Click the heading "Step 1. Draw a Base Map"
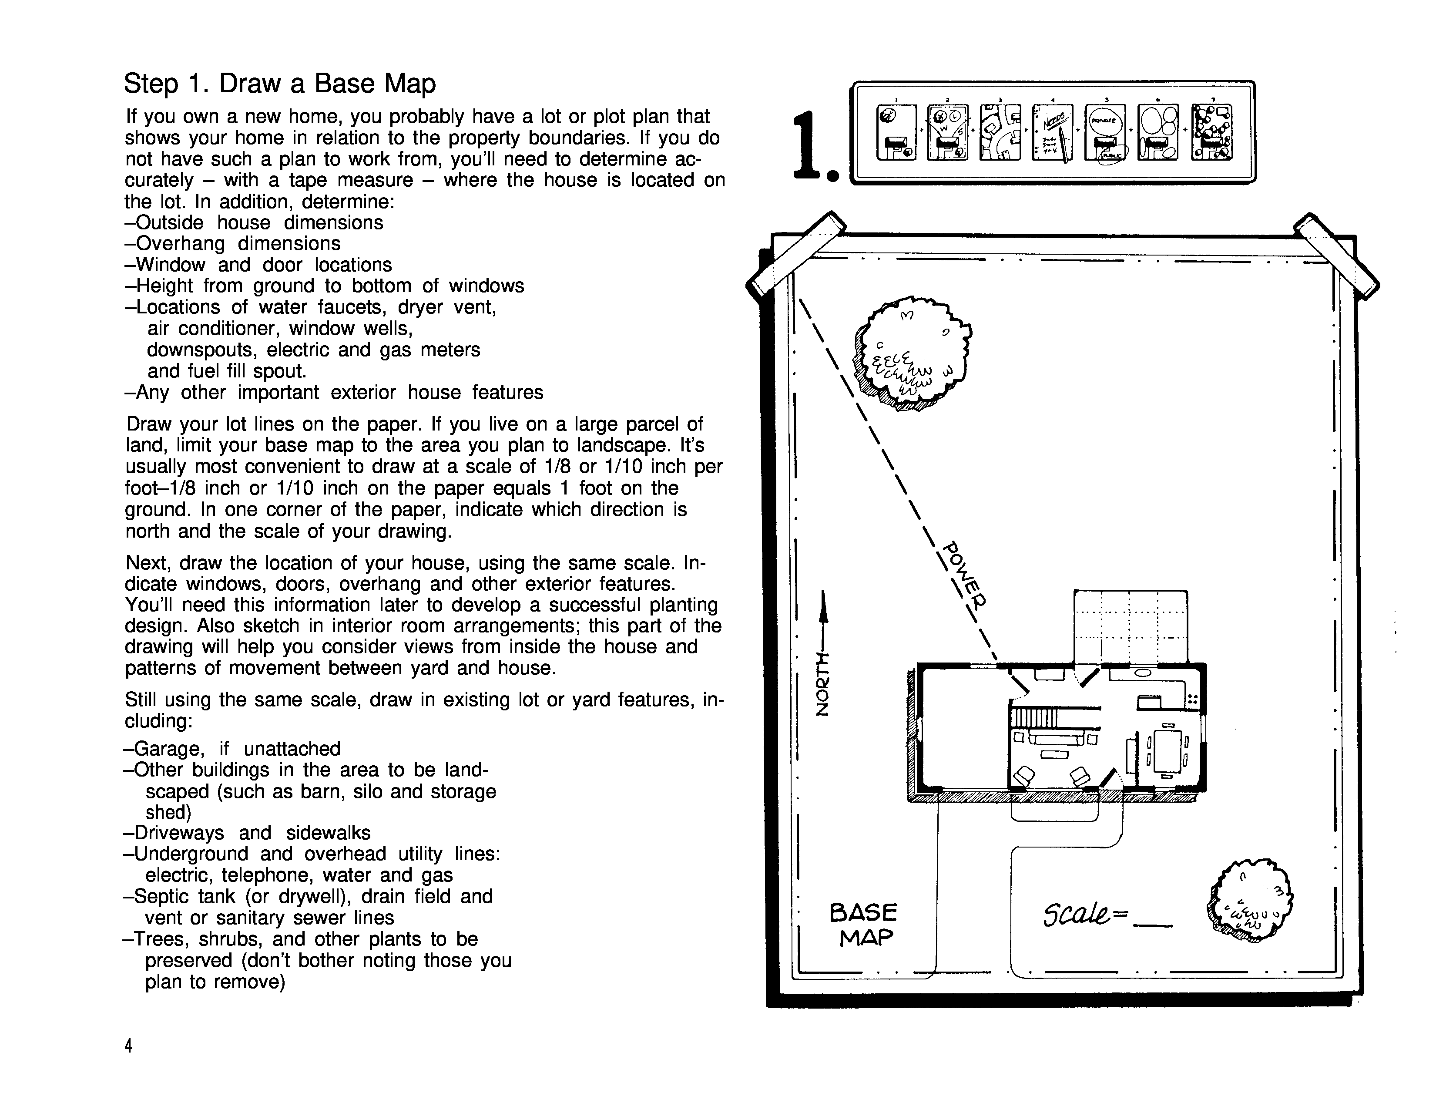tap(279, 84)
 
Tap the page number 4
tap(129, 1046)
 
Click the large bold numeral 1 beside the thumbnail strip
tap(811, 146)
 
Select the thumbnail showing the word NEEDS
tap(1052, 132)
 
